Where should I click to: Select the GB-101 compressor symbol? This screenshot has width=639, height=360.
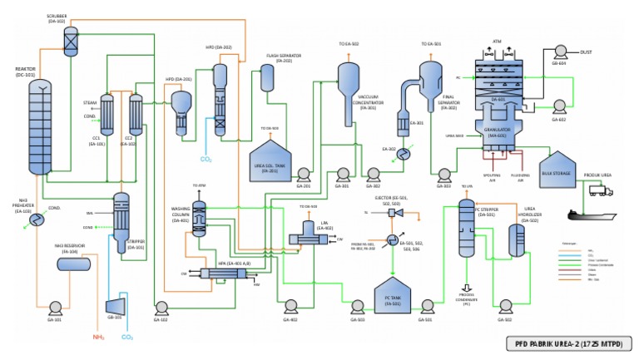[116, 305]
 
